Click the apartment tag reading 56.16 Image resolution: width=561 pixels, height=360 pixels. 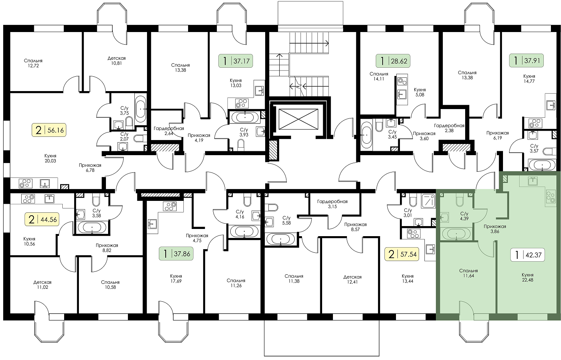tap(49, 130)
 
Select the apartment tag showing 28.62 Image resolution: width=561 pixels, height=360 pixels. tap(393, 61)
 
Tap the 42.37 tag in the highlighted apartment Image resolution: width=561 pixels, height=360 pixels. tap(527, 255)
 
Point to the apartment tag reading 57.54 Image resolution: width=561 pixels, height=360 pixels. tap(402, 254)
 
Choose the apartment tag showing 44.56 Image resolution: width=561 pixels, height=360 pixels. tap(42, 219)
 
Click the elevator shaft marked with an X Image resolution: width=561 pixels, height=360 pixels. tap(298, 119)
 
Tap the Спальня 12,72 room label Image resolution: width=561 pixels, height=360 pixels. tap(33, 63)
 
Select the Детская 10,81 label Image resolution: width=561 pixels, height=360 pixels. tap(116, 60)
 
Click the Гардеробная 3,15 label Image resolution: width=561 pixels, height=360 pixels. tap(332, 204)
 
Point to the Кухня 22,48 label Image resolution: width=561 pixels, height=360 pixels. tap(528, 278)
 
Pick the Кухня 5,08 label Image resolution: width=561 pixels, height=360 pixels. tap(420, 92)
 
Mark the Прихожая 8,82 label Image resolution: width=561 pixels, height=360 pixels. tap(107, 248)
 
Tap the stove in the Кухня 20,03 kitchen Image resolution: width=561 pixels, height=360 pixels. tap(26, 183)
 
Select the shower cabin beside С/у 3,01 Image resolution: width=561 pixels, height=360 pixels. tap(428, 201)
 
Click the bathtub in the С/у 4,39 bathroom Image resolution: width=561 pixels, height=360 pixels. tap(456, 234)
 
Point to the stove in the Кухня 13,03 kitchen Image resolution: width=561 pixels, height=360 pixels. tap(242, 103)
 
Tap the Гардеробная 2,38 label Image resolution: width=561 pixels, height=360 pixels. tap(449, 128)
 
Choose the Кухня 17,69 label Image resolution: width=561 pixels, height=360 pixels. tap(176, 279)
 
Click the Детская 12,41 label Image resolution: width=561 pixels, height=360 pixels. tap(352, 279)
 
